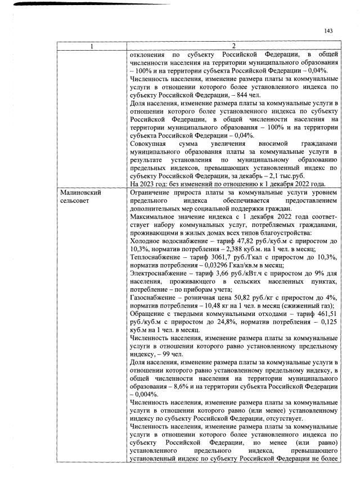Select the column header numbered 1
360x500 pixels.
pos(92,46)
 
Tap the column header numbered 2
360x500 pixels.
pos(233,46)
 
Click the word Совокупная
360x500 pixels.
pos(148,144)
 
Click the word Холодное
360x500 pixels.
pos(146,240)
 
